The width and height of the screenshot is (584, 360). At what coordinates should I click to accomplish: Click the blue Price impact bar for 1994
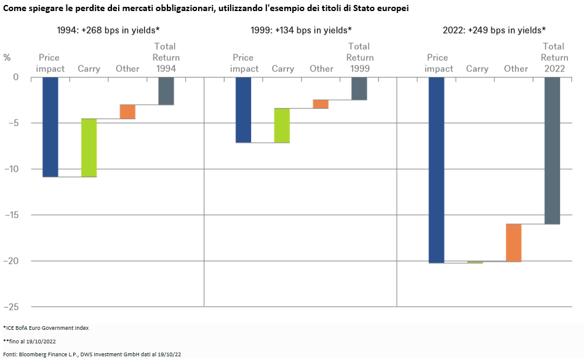(50, 127)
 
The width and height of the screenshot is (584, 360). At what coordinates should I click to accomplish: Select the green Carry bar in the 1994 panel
(89, 148)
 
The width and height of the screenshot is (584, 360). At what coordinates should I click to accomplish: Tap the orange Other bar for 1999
(321, 104)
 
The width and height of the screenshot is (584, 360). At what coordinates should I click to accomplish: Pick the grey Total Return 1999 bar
(359, 89)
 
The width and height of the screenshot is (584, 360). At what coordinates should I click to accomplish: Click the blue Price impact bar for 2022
(436, 170)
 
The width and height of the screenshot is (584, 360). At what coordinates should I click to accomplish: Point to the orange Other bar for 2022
(514, 242)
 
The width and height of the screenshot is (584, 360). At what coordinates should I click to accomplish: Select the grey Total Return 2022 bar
(552, 151)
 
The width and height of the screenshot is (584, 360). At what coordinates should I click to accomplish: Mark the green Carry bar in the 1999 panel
(282, 126)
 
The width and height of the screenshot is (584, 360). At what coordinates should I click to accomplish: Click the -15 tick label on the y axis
(12, 215)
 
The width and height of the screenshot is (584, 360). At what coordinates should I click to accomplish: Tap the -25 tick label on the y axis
(12, 307)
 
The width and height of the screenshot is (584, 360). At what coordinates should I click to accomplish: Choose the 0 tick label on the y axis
(16, 78)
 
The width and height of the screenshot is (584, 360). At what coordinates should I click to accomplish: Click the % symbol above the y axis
(7, 57)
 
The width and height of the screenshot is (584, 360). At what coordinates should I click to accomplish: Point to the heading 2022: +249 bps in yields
(494, 30)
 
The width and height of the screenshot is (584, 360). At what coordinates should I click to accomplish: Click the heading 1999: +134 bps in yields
(302, 30)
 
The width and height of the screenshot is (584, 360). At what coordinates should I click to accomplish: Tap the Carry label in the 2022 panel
(477, 69)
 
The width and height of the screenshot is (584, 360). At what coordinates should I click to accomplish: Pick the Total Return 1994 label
(166, 57)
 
